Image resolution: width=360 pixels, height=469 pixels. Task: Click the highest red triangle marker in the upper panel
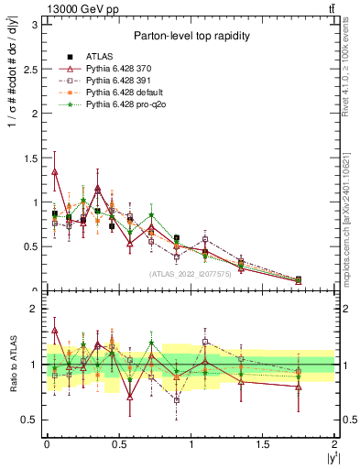(55, 171)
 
